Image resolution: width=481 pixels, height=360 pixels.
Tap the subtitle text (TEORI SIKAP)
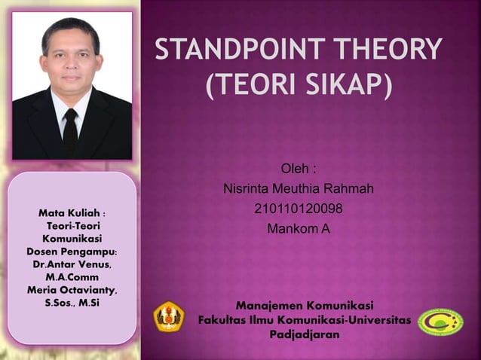click(x=299, y=85)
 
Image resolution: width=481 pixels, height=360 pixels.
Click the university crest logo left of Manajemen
click(x=167, y=316)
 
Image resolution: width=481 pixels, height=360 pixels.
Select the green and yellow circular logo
click(x=440, y=322)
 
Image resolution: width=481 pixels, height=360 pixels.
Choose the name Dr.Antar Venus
click(x=72, y=264)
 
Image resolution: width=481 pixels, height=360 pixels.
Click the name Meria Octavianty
click(x=72, y=290)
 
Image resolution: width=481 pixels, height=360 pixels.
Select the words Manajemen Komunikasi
click(x=304, y=307)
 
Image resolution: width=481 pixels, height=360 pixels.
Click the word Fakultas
click(x=223, y=321)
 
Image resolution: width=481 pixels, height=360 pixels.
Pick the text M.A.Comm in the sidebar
click(x=72, y=277)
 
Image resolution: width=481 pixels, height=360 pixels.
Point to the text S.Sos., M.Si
click(x=72, y=303)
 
